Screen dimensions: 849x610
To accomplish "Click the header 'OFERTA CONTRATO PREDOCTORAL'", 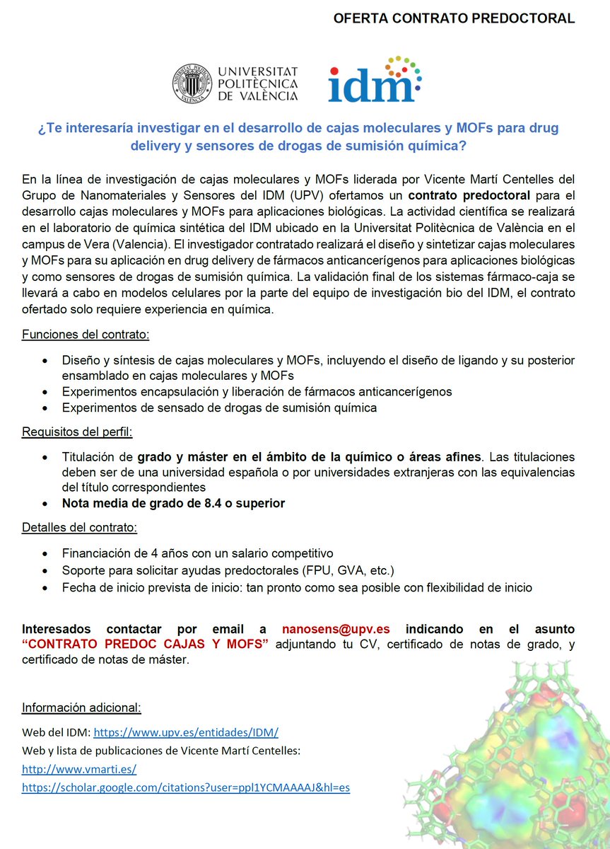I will (x=454, y=19).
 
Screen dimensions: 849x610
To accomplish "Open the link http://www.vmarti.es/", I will (x=78, y=769).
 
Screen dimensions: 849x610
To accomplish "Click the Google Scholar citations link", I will (x=186, y=787).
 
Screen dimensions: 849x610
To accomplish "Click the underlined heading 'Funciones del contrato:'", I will (x=86, y=334).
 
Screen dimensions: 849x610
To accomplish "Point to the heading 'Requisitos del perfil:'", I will (x=78, y=432).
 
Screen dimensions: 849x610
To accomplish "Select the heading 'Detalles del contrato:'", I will (x=80, y=528).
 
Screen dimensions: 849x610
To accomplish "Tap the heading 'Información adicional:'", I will (x=81, y=707).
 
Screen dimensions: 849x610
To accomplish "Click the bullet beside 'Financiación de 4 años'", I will (x=46, y=553).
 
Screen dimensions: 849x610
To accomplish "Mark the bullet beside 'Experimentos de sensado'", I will (x=46, y=408).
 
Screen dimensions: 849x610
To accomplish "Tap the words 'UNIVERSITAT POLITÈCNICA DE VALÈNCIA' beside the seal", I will (x=257, y=83).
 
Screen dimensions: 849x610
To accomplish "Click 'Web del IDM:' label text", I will (x=57, y=733).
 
